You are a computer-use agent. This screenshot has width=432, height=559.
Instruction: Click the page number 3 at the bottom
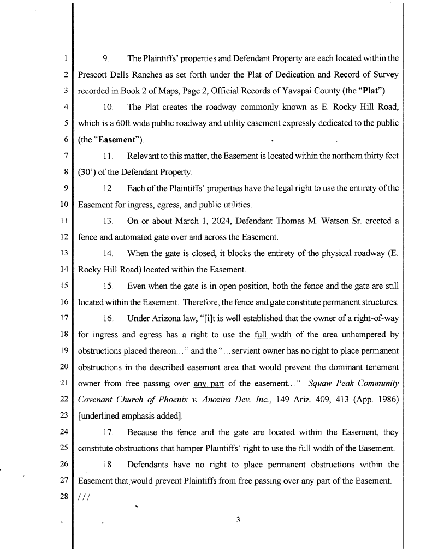(238, 519)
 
